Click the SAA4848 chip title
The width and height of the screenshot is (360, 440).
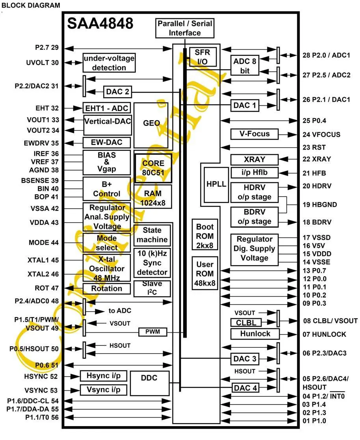click(x=100, y=23)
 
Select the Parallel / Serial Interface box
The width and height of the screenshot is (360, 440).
click(x=185, y=28)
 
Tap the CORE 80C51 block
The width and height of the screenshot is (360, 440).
click(x=153, y=168)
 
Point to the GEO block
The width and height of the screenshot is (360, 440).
click(x=151, y=125)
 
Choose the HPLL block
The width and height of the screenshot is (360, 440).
click(x=216, y=184)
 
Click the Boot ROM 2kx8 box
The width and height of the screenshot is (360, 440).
click(x=205, y=234)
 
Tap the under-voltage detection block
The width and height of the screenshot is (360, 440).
click(x=109, y=63)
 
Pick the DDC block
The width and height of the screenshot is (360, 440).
click(x=150, y=383)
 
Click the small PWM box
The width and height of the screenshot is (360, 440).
click(x=153, y=332)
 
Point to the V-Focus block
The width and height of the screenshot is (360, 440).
click(x=254, y=134)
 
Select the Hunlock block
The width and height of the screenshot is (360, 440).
click(x=255, y=334)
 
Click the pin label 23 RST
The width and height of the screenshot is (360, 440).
click(x=314, y=147)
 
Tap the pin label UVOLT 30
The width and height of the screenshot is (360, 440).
click(x=43, y=63)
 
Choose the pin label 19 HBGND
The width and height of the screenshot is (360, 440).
click(x=319, y=204)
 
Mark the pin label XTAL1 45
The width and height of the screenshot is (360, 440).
click(x=43, y=260)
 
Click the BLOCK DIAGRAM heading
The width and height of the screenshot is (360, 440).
click(x=31, y=6)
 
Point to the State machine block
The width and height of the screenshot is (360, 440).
click(x=152, y=235)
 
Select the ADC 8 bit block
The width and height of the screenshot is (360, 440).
click(x=245, y=66)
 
